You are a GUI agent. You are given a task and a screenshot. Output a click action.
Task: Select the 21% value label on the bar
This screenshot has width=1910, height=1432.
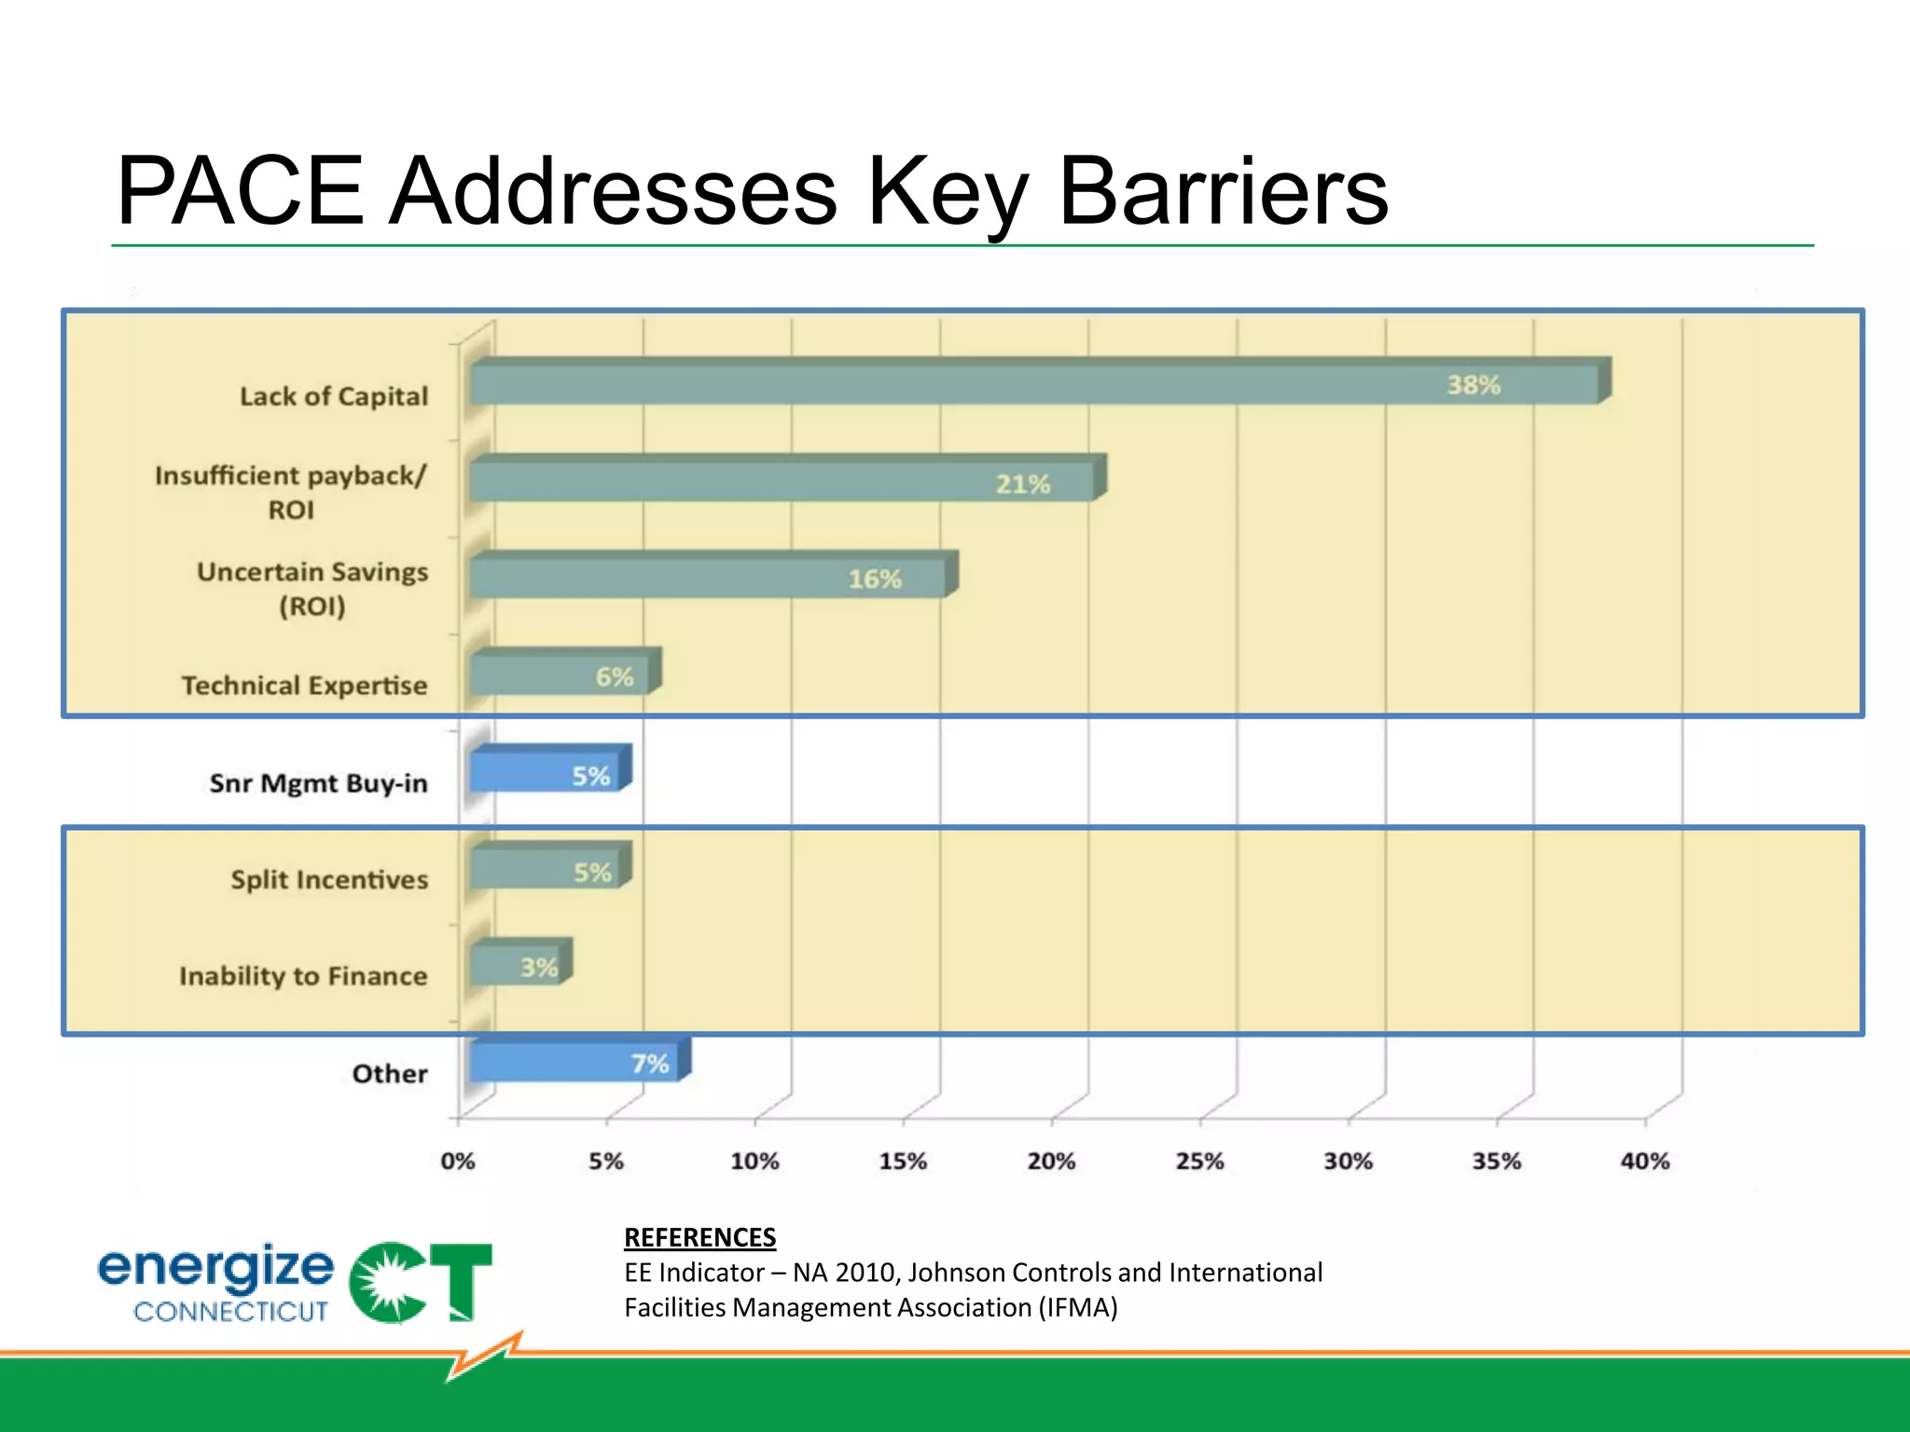1022,484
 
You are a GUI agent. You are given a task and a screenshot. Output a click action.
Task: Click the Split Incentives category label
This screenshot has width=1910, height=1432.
329,879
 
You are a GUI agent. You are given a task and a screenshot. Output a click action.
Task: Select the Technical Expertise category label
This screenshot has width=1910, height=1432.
304,685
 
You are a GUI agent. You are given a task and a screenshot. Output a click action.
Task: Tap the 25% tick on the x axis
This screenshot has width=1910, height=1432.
1199,1161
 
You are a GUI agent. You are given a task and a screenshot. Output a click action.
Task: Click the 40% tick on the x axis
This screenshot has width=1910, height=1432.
1644,1161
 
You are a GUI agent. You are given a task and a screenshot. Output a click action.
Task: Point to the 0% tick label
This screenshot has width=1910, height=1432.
458,1161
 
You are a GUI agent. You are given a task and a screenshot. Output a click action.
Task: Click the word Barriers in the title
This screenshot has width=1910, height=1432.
1223,191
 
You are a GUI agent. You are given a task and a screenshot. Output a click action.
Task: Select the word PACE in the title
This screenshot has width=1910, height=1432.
240,191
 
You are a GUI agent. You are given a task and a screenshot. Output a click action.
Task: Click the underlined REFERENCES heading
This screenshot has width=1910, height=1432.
699,1237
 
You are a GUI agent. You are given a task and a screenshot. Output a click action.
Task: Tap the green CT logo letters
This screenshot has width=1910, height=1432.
422,1282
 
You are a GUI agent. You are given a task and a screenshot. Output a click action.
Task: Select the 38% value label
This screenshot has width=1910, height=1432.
1474,384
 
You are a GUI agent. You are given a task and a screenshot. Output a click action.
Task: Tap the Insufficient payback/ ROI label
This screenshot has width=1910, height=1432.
291,492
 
